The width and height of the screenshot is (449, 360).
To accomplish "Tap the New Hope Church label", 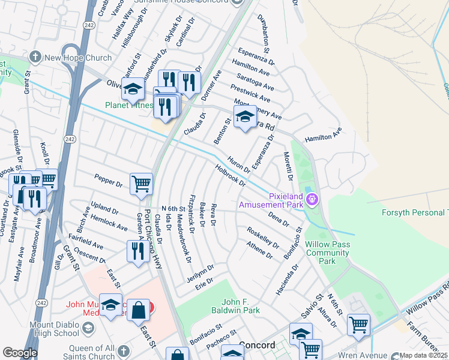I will pos(79,58).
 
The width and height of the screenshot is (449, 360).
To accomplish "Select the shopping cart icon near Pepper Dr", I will pos(141,184).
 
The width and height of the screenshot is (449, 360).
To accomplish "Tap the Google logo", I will pos(20,352).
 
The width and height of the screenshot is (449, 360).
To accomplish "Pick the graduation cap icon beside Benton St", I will pos(245,117).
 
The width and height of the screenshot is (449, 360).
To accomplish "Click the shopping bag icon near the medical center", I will pos(139,311).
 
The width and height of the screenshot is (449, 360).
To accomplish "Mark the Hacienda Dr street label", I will pos(284,278).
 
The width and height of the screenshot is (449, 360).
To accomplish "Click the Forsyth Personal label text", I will pos(415,212).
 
